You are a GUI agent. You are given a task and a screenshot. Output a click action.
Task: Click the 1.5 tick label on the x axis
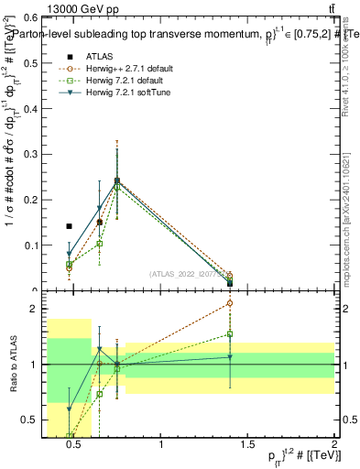pos(248,446)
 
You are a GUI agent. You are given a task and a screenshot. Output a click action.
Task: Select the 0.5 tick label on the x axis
pos(75,446)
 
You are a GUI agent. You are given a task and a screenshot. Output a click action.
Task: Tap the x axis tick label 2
pos(334,446)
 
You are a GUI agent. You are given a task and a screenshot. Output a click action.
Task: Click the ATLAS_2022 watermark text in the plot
pos(187,274)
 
